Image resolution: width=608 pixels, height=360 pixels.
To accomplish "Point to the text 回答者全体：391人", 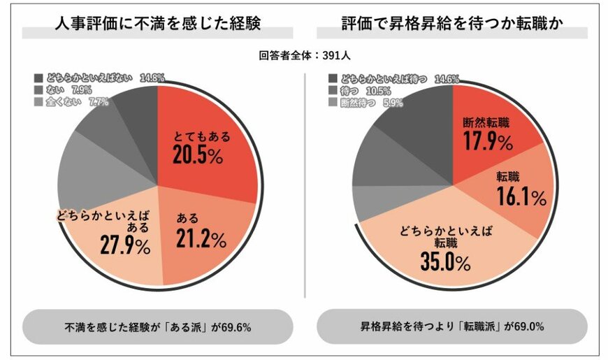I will pos(304,55).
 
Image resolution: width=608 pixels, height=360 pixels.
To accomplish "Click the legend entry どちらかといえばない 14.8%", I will pos(99,78).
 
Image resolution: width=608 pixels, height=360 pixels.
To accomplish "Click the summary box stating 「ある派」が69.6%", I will pos(157,326).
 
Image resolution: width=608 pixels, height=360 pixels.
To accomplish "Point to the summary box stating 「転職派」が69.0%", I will pos(452,326).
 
